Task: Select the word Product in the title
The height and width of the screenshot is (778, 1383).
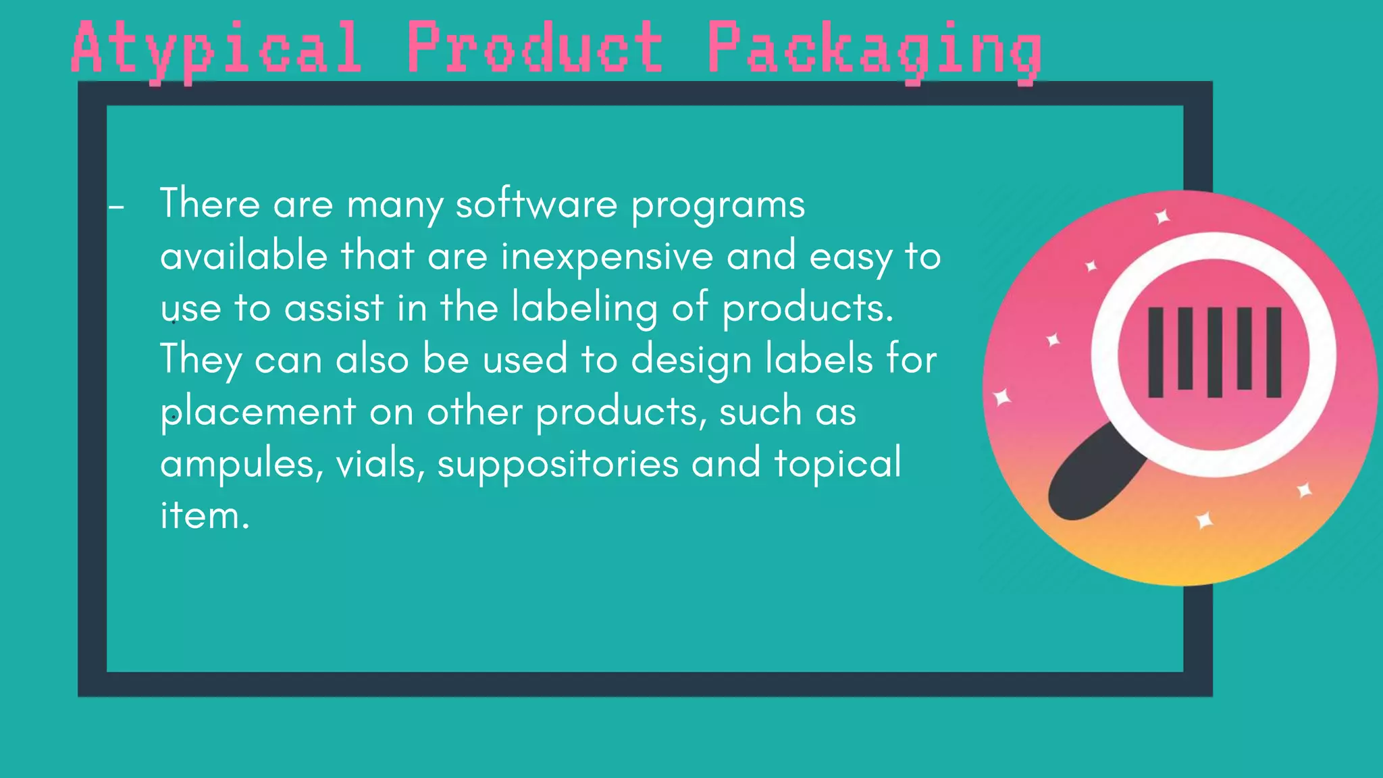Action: point(534,47)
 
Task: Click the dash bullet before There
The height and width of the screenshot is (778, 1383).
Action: point(116,207)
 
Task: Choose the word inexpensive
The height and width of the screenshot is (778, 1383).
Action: point(606,257)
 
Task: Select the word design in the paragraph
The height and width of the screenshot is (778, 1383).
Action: point(691,360)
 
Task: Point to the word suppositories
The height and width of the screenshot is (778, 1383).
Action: point(558,465)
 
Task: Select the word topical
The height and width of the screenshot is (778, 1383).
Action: point(837,463)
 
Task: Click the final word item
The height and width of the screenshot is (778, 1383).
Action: point(205,516)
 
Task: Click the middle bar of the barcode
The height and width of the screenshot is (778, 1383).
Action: point(1214,352)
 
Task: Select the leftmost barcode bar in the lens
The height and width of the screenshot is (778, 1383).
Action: point(1155,352)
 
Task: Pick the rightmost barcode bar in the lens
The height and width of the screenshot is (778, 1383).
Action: point(1274,352)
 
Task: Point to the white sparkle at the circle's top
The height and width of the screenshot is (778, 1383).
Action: point(1162,217)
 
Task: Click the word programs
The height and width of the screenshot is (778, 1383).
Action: point(718,205)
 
